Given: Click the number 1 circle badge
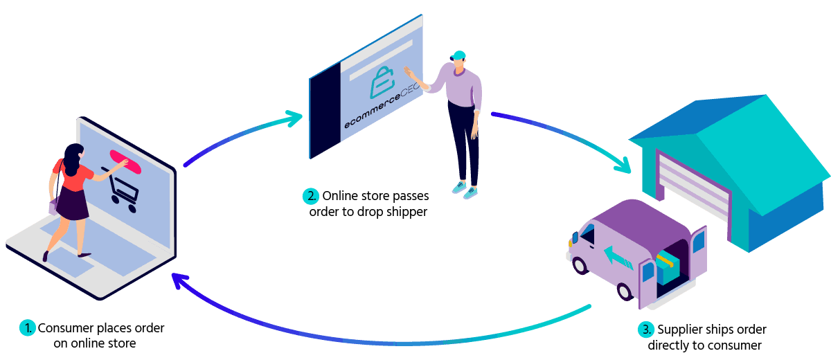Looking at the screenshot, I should (x=27, y=327).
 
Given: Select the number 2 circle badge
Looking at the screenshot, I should (x=311, y=196).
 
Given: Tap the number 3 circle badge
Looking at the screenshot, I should (x=646, y=330).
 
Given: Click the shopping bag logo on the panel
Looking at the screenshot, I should (x=382, y=82).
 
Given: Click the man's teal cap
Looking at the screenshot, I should (x=458, y=55).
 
